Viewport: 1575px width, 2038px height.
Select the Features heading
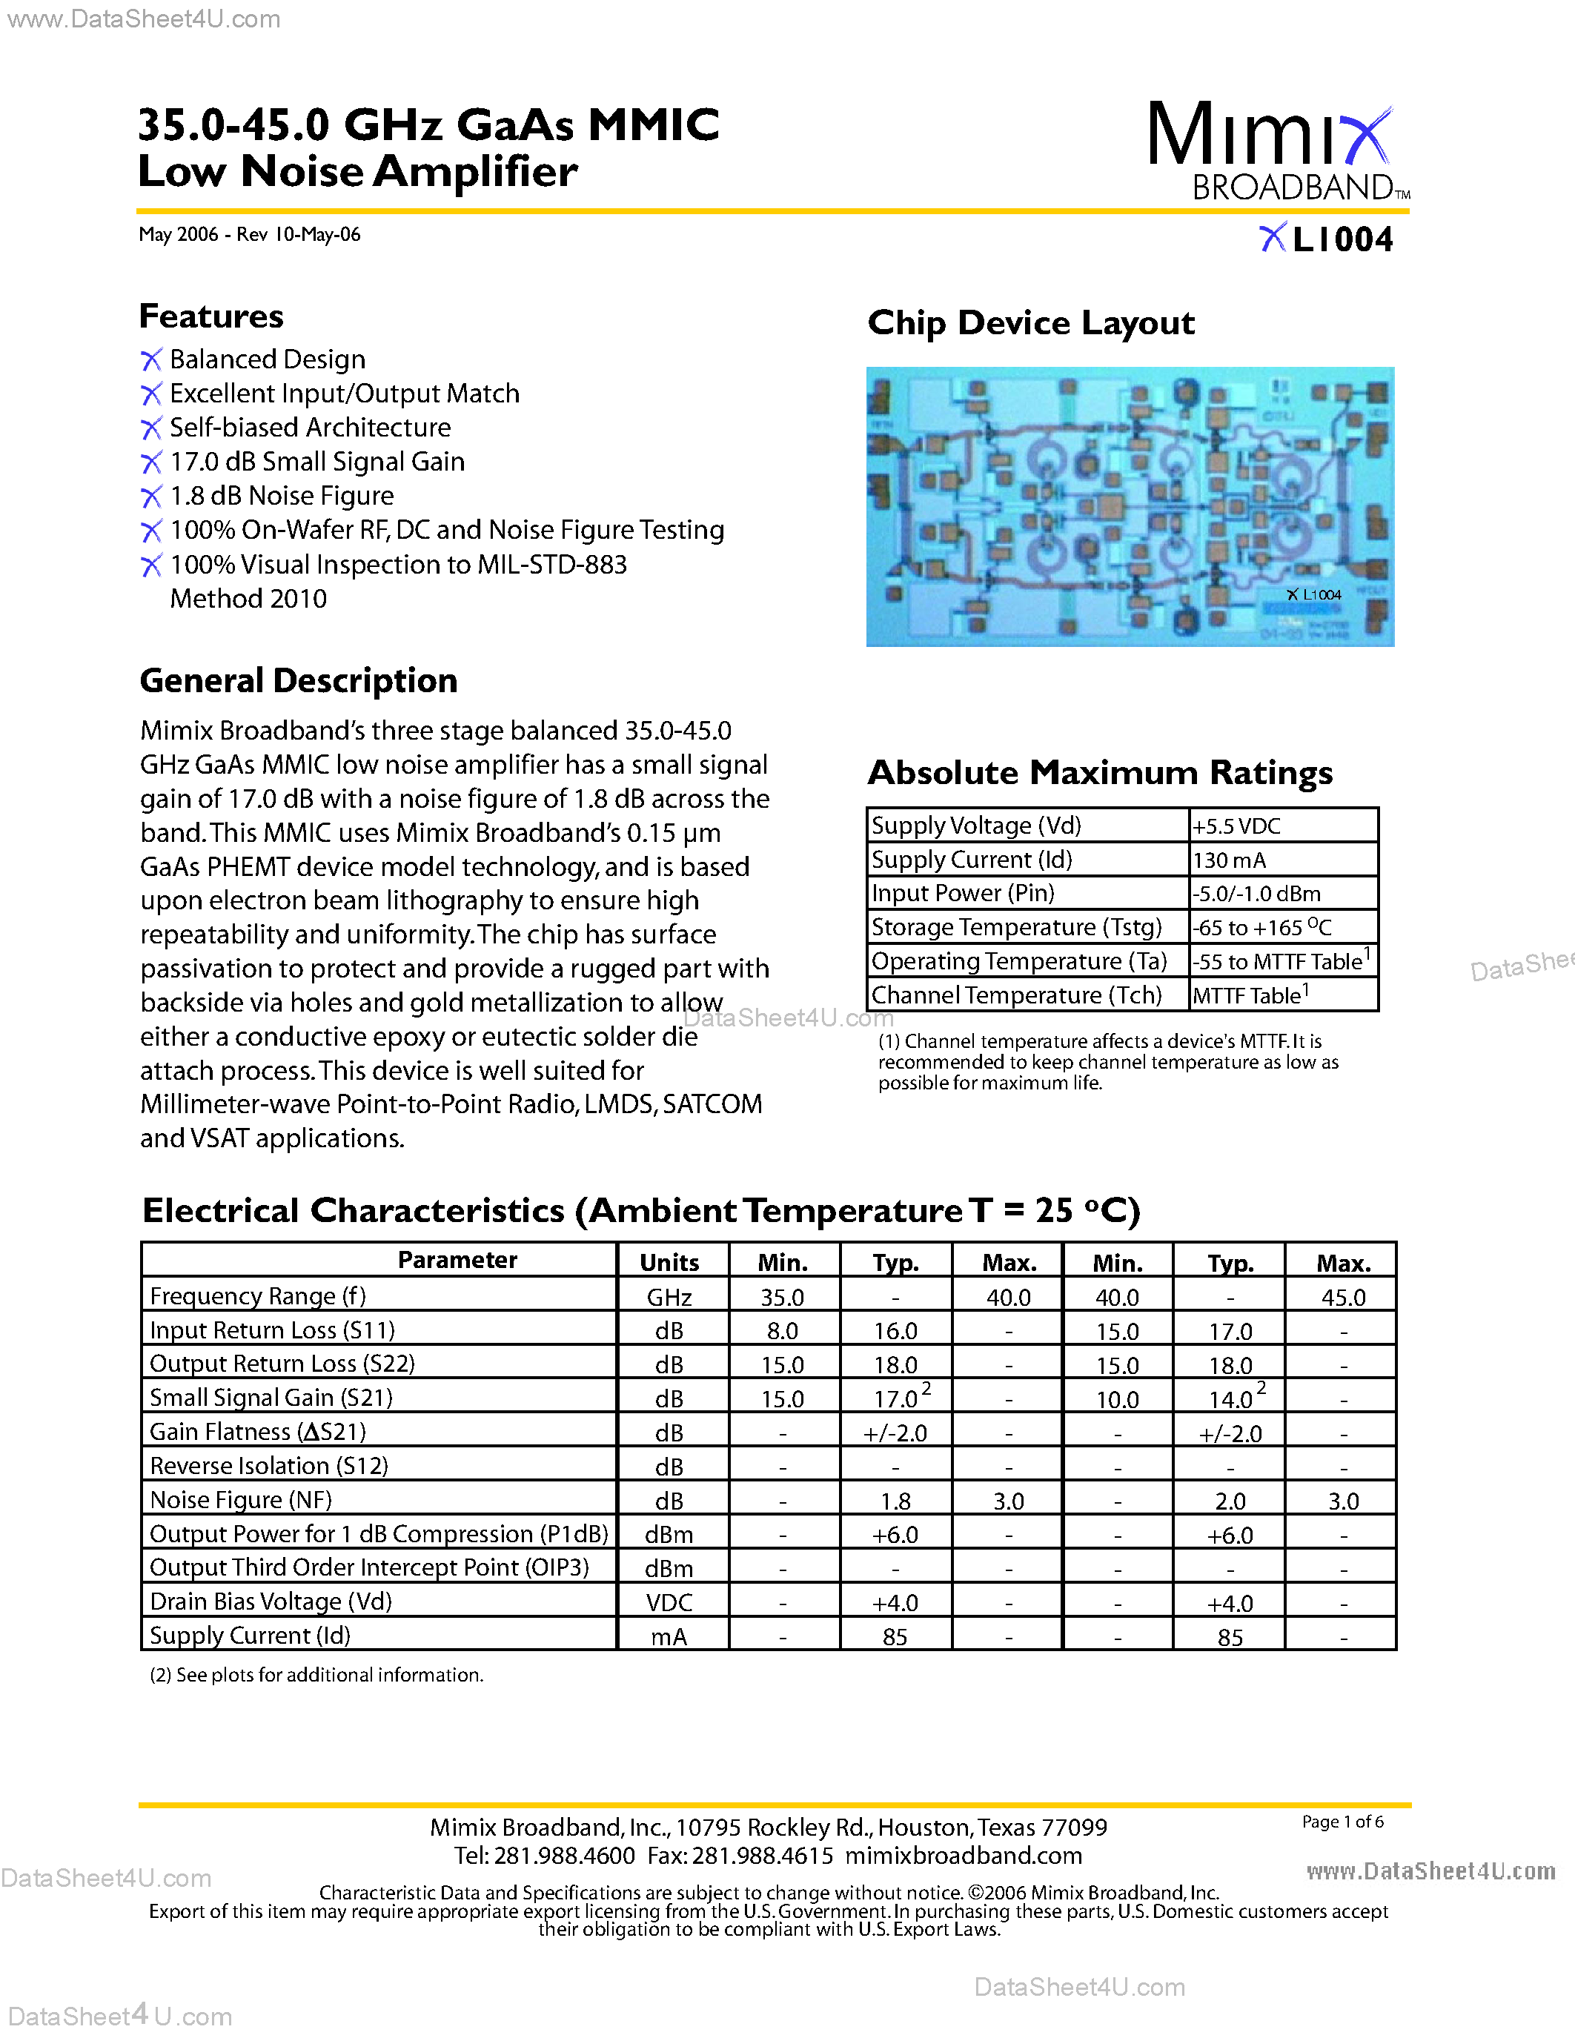point(211,316)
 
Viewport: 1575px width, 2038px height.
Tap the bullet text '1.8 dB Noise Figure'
point(281,496)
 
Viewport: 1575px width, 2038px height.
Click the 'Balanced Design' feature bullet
point(267,359)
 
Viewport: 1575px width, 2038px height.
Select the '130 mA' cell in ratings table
point(1229,860)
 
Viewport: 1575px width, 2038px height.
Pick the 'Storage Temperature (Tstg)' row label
point(1016,928)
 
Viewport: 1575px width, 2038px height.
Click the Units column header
point(669,1261)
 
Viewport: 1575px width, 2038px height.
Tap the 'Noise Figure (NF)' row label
point(241,1499)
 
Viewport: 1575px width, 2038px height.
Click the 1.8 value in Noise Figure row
point(895,1501)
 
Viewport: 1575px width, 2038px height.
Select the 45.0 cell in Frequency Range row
point(1343,1297)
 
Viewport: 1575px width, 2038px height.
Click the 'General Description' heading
point(299,681)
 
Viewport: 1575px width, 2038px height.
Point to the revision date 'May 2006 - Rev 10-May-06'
point(249,234)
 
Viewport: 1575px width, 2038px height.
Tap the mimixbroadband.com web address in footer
point(963,1855)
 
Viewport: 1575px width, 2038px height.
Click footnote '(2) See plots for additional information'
point(316,1675)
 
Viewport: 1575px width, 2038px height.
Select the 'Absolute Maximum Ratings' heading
point(1099,773)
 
